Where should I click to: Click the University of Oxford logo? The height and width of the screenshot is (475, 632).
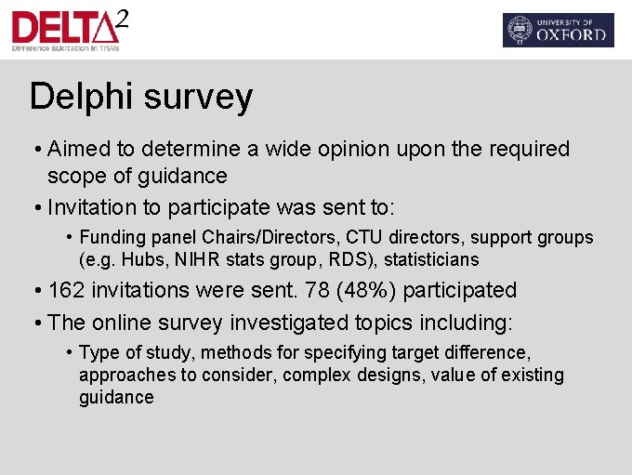pyautogui.click(x=558, y=30)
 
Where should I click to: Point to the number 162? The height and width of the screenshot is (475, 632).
pyautogui.click(x=66, y=290)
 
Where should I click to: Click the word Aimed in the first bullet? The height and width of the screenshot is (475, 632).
pyautogui.click(x=78, y=149)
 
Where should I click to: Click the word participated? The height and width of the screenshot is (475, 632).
pyautogui.click(x=460, y=290)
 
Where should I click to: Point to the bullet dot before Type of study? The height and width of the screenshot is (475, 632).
pyautogui.click(x=70, y=352)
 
